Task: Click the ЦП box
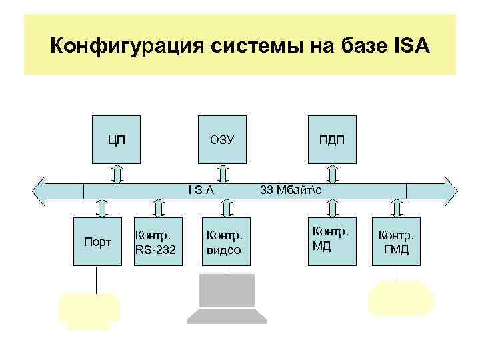click(117, 139)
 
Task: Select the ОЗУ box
click(223, 139)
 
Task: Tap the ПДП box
click(333, 139)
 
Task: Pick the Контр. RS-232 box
click(158, 241)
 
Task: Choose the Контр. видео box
click(225, 241)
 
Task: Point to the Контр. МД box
click(331, 240)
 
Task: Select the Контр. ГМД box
click(396, 241)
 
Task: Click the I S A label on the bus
click(201, 190)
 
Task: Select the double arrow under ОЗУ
click(223, 173)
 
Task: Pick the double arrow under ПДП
click(333, 173)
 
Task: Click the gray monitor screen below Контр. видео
click(227, 290)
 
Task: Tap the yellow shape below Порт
click(89, 309)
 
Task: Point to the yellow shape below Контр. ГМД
click(400, 298)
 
